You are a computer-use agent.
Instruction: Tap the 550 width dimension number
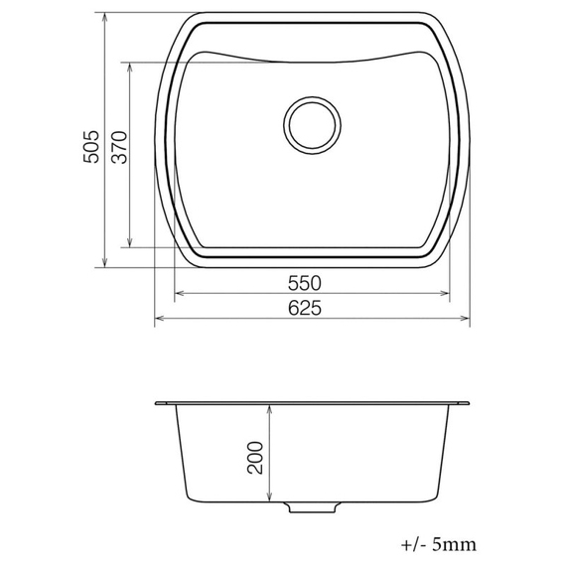311,282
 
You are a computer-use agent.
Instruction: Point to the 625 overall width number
311,309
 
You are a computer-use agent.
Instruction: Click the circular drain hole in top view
313,124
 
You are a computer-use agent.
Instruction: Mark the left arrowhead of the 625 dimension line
158,321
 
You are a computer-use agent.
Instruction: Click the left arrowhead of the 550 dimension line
179,294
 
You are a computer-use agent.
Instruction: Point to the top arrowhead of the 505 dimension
104,18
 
